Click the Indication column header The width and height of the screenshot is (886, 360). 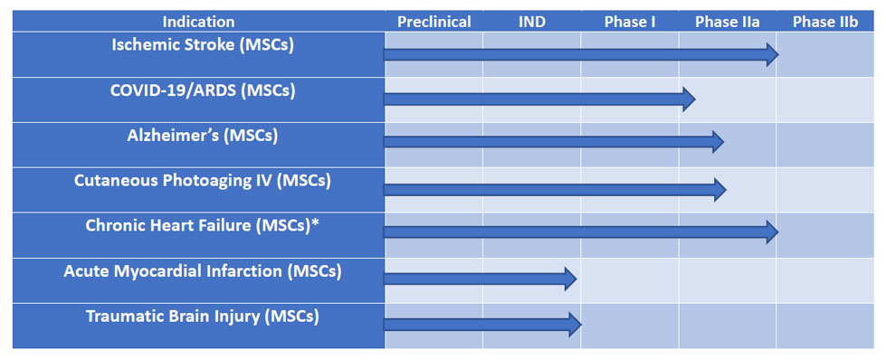coord(198,22)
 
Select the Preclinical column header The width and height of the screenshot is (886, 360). coord(434,22)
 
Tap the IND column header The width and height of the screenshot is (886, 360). coord(532,22)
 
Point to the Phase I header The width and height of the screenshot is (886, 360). coord(630,22)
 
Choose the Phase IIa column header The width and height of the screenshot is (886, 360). coord(728,22)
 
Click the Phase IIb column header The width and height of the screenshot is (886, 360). coord(825,22)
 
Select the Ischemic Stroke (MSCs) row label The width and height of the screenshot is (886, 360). coord(203,45)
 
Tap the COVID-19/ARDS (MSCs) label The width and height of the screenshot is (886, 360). coord(203,90)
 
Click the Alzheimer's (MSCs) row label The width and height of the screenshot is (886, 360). coord(203,137)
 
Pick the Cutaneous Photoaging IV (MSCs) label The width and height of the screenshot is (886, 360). coord(203,182)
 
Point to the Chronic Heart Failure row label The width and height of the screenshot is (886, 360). coord(203,226)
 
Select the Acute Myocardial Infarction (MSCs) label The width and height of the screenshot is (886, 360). coord(203,271)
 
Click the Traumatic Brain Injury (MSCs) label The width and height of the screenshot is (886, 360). coord(203,317)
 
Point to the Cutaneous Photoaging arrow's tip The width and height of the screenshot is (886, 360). coord(726,189)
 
